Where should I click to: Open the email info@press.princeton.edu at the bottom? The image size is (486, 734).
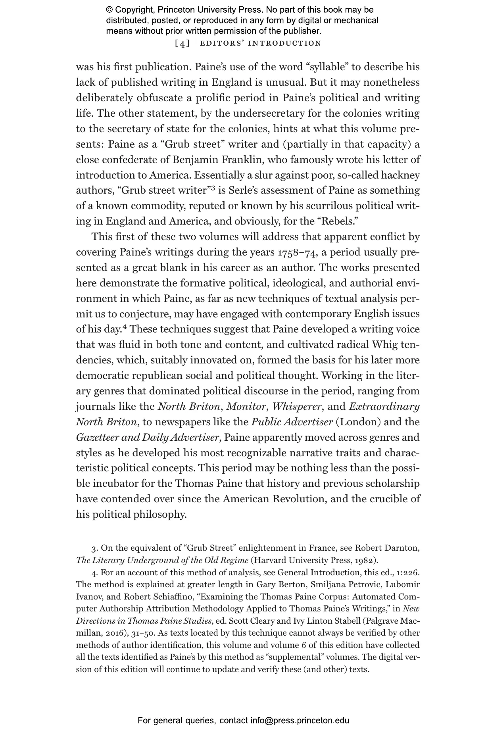[x=300, y=721]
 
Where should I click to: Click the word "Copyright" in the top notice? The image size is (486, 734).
[x=132, y=10]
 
